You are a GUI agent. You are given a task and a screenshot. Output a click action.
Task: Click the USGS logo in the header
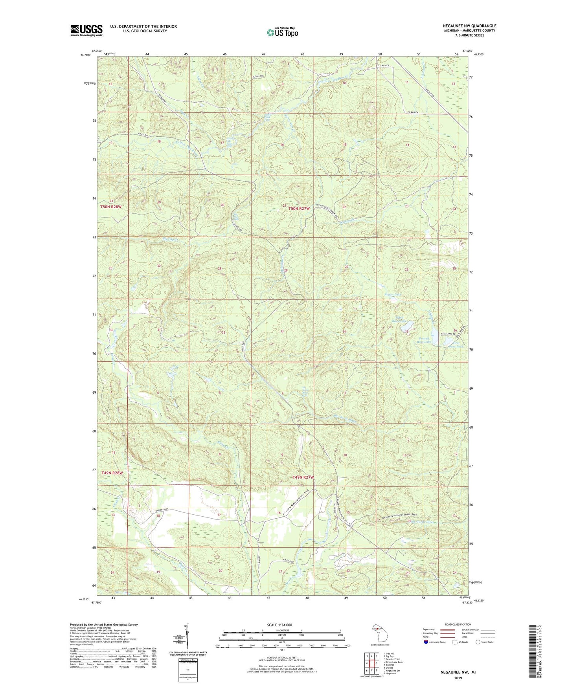coord(86,30)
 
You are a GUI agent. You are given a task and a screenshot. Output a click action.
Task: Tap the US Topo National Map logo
coord(282,32)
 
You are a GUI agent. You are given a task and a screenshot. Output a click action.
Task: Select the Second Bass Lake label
coord(425,340)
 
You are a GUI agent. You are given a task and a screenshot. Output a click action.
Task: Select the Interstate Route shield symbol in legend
coord(426,642)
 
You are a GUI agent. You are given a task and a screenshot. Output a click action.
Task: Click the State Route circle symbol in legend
coord(478,642)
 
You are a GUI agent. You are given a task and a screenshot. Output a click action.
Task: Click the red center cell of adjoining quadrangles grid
coord(372,663)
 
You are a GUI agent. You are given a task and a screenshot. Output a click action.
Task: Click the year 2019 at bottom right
coord(458,678)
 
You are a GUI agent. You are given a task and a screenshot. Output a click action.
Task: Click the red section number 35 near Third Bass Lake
coord(407,331)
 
